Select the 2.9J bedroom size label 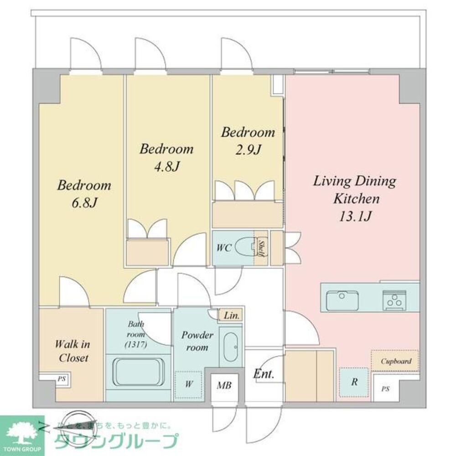pyautogui.click(x=248, y=150)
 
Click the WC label pyautogui.click(x=224, y=248)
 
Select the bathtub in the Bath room pyautogui.click(x=139, y=372)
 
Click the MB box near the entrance pyautogui.click(x=224, y=385)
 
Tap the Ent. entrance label pyautogui.click(x=263, y=375)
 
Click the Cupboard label pyautogui.click(x=395, y=361)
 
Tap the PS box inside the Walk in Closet pyautogui.click(x=61, y=378)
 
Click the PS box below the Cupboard pyautogui.click(x=386, y=389)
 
